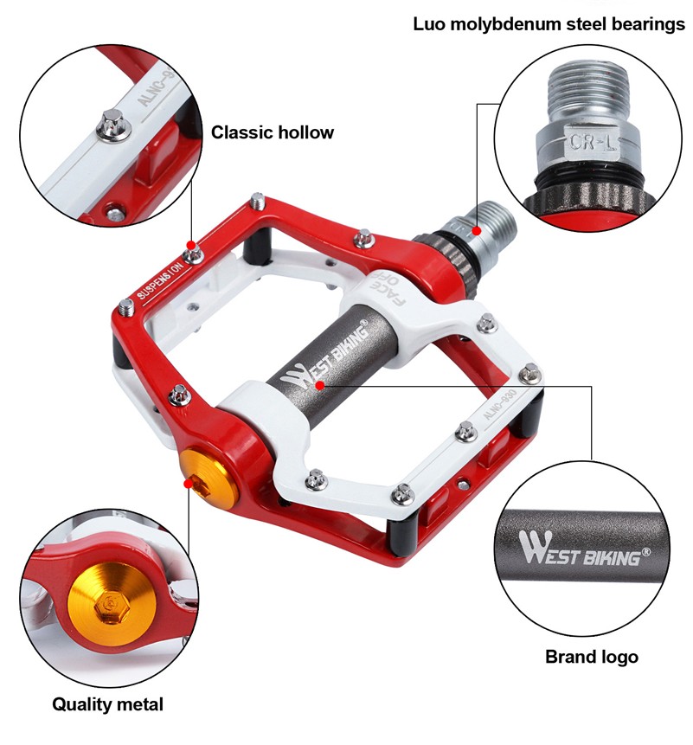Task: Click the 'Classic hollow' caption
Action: [273, 132]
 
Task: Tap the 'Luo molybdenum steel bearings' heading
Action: [549, 23]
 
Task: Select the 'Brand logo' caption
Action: [591, 657]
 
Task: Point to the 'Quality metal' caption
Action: [107, 704]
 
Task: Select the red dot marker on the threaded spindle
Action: [477, 230]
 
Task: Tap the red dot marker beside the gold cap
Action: [188, 485]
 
